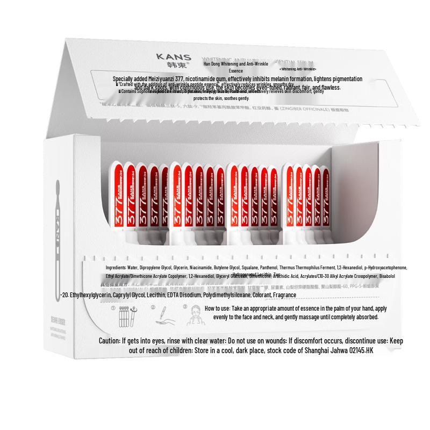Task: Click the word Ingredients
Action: click(116, 267)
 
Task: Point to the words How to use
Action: click(218, 309)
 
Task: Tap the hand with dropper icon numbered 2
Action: click(162, 317)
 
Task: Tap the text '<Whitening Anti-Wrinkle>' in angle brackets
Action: click(298, 69)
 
